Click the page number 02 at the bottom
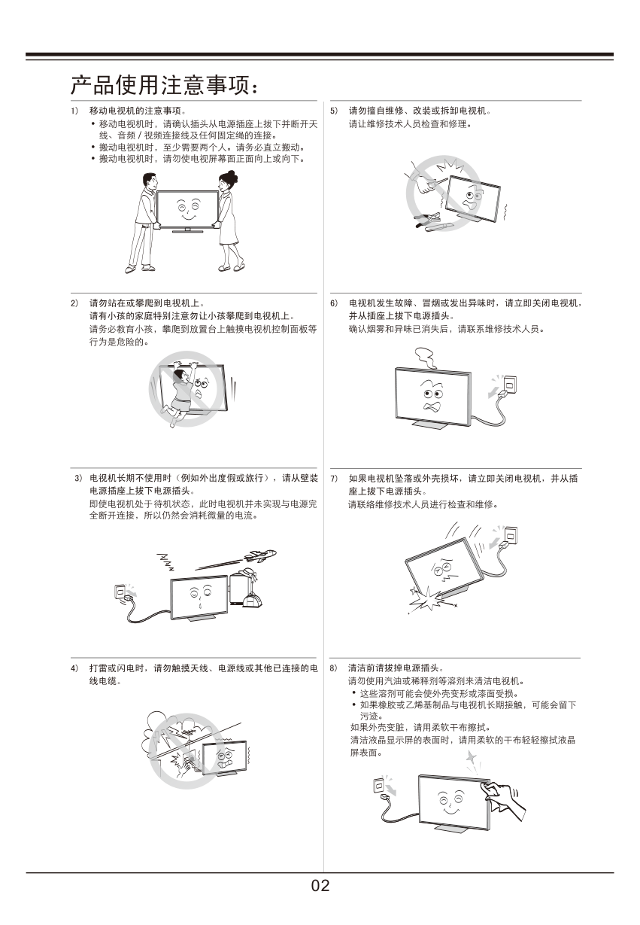320,885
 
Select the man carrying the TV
143,223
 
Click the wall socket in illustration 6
510,385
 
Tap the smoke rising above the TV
425,358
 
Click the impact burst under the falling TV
429,599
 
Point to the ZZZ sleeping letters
165,561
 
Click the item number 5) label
334,111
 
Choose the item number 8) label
333,668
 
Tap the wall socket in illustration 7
511,535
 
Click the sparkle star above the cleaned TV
472,758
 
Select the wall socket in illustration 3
120,592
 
